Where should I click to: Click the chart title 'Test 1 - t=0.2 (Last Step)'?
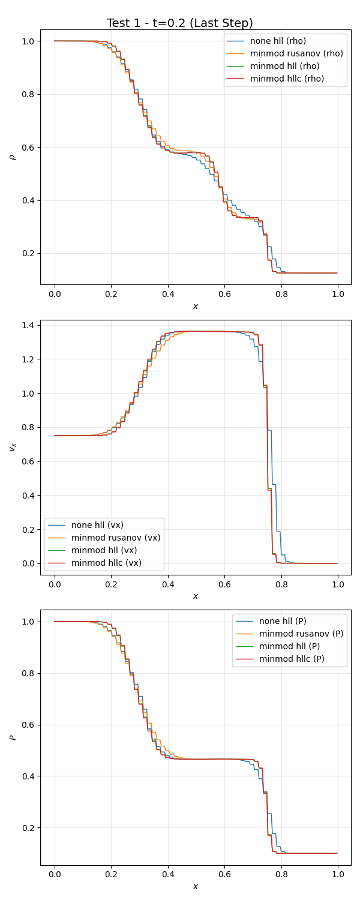tap(180, 23)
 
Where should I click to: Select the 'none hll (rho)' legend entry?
tap(278, 41)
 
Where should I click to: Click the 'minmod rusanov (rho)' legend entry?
tap(296, 53)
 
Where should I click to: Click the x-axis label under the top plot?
tap(196, 307)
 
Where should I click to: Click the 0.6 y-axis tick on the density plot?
tap(27, 148)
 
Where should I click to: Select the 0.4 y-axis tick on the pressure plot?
tap(27, 776)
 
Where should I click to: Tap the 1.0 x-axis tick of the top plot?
tap(338, 294)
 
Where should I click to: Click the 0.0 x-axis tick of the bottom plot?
tap(55, 874)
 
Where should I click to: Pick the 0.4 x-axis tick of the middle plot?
tap(168, 584)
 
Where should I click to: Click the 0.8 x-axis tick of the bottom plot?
tap(281, 874)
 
